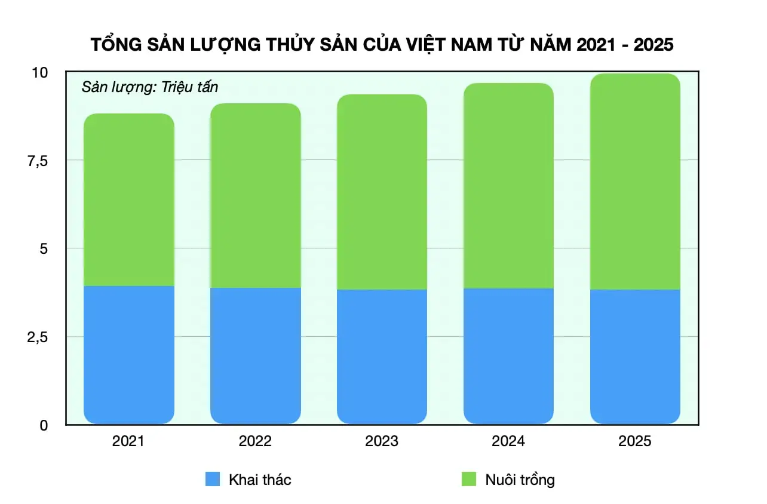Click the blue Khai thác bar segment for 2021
pos(128,355)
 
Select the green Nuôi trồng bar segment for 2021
pos(128,200)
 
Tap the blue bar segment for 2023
pos(382,357)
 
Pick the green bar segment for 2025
pos(635,182)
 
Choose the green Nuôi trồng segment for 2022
pos(255,196)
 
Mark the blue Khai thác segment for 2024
pos(508,357)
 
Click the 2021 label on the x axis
pos(128,441)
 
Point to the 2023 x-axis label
pos(382,441)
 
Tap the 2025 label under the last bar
pos(635,441)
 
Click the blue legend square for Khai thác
pos(213,479)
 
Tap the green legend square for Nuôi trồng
pos(469,479)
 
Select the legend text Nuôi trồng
pos(520,480)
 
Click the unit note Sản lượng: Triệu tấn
pos(150,87)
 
